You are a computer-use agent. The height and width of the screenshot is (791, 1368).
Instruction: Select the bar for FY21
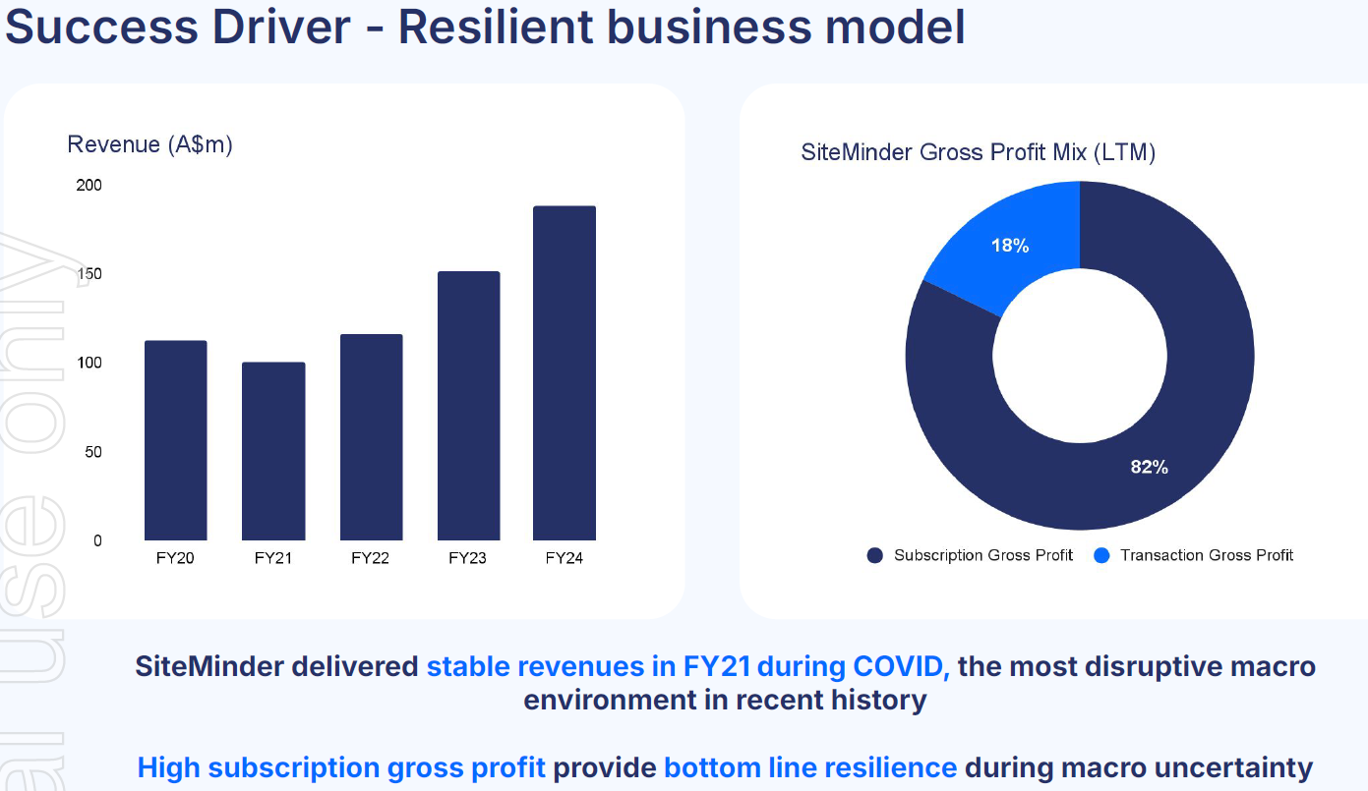tap(273, 451)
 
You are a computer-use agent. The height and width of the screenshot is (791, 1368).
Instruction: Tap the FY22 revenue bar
tap(371, 437)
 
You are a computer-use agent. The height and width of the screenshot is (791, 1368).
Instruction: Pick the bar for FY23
tap(468, 406)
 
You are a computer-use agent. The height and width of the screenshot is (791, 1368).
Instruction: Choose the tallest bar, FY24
tap(565, 373)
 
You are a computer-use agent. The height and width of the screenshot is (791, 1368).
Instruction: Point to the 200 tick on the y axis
tap(89, 186)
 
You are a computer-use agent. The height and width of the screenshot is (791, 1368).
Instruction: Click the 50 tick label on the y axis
tap(92, 452)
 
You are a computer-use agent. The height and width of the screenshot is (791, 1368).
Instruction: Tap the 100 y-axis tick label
tap(89, 364)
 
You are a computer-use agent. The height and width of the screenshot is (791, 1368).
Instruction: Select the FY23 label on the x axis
tap(467, 558)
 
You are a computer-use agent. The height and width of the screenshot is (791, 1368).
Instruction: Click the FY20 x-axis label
tap(175, 558)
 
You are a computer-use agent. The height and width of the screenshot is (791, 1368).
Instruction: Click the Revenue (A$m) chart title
tap(149, 144)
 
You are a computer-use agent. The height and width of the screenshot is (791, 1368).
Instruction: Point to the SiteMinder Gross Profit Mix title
tap(978, 152)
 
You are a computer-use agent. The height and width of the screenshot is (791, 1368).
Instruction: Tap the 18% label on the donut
tap(1010, 246)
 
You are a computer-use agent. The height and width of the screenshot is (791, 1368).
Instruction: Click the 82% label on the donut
tap(1149, 467)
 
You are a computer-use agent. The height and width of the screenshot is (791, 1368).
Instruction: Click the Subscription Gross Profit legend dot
tap(874, 556)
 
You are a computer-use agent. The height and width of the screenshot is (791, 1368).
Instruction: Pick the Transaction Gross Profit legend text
tap(1207, 555)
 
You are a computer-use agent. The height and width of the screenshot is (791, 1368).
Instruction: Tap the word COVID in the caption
tap(902, 666)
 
